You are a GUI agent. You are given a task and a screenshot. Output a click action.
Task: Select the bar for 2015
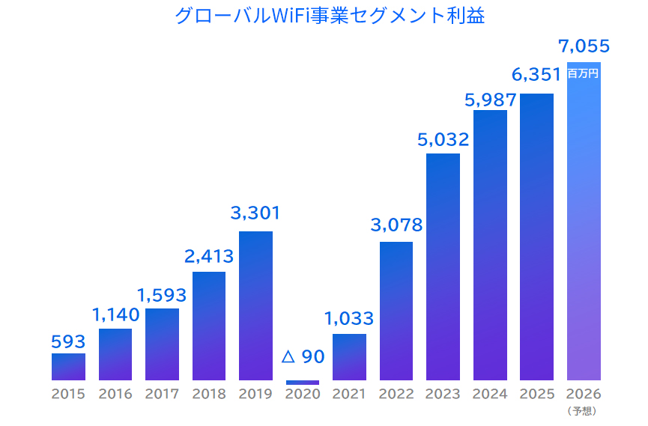68,367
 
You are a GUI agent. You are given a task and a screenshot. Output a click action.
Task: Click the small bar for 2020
303,382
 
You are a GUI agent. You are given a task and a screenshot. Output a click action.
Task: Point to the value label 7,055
584,46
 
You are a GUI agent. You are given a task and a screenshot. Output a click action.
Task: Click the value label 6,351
536,75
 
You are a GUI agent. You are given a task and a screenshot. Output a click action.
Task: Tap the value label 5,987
490,99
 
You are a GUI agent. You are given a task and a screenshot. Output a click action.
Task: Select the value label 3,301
255,213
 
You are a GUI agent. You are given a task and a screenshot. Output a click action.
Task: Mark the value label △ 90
303,356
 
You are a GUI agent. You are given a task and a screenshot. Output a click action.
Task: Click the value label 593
68,341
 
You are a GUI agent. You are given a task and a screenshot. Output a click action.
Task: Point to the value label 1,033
349,318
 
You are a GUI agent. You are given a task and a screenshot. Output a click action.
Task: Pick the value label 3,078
397,224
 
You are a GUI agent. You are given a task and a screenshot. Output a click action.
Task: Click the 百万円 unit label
584,73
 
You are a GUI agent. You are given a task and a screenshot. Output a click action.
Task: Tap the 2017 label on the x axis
162,394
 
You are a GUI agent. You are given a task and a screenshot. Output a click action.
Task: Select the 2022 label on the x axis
396,394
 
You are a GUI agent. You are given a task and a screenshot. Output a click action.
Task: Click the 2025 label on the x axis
536,394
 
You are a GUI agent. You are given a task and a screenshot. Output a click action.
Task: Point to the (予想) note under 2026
583,410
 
